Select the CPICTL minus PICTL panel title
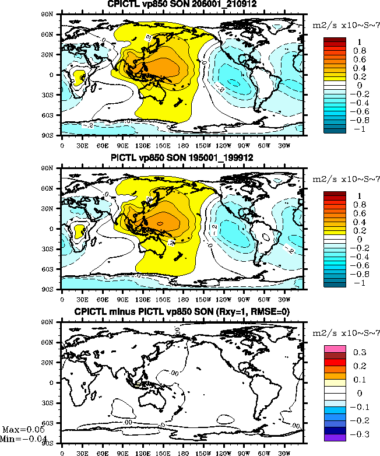(x=182, y=312)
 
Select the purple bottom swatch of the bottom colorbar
(x=335, y=437)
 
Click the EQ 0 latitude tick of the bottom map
(x=55, y=383)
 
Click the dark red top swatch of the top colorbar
(x=335, y=40)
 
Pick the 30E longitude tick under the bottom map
(x=82, y=451)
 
